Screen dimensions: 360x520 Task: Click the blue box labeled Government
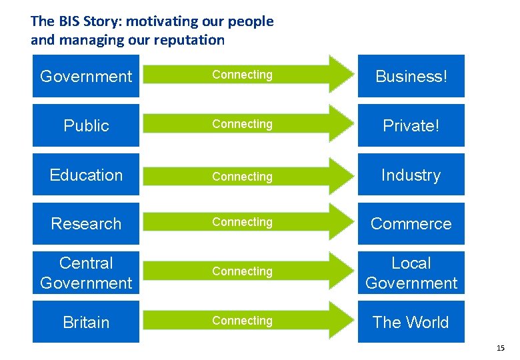click(86, 77)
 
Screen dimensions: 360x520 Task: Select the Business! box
click(411, 77)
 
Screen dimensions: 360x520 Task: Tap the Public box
click(86, 125)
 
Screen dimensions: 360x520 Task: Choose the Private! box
click(411, 125)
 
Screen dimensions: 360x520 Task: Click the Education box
click(86, 175)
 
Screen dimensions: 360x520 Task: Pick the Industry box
click(411, 175)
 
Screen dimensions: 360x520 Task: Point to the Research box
click(86, 223)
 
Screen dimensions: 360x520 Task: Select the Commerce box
click(411, 223)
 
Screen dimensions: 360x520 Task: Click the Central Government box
click(86, 273)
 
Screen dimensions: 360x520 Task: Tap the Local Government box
click(411, 273)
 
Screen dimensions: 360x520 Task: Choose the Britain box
click(86, 322)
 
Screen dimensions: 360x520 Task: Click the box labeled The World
click(411, 322)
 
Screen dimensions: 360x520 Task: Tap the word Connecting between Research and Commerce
click(242, 222)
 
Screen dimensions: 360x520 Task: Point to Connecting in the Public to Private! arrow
click(242, 124)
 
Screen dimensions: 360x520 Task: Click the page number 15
click(501, 349)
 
